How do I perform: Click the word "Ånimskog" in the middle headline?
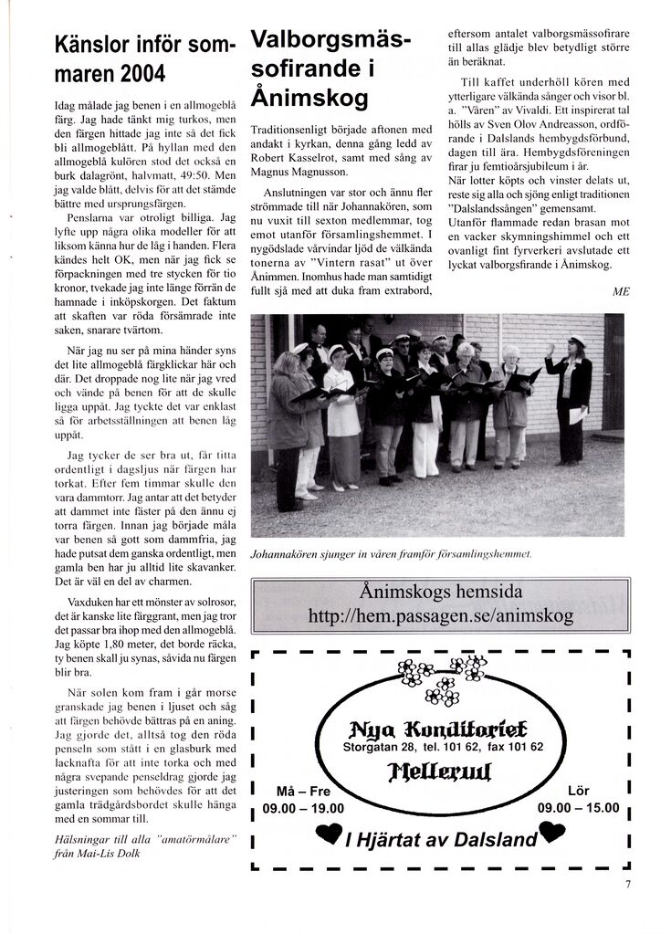(309, 96)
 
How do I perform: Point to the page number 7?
(628, 883)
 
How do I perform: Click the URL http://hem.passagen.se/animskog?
(441, 615)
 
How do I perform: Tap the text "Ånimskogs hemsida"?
(440, 590)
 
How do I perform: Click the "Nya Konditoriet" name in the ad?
(442, 728)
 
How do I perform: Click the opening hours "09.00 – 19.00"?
(303, 808)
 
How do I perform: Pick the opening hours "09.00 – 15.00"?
(579, 808)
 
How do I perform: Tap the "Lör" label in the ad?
(579, 790)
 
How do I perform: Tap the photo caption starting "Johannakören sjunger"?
(390, 553)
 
